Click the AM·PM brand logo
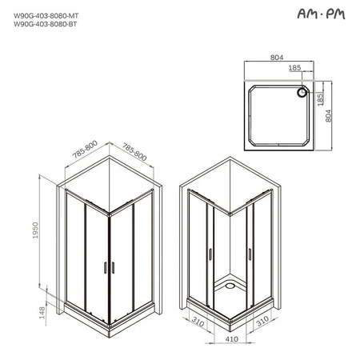[x=321, y=14]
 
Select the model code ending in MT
[x=46, y=16]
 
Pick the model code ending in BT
[x=46, y=24]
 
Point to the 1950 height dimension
[x=35, y=230]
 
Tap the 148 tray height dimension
[x=42, y=313]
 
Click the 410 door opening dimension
[x=232, y=339]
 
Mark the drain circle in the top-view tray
[x=302, y=93]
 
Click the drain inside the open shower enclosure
[x=230, y=286]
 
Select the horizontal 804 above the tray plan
[x=277, y=58]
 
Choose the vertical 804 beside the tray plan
[x=328, y=116]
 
